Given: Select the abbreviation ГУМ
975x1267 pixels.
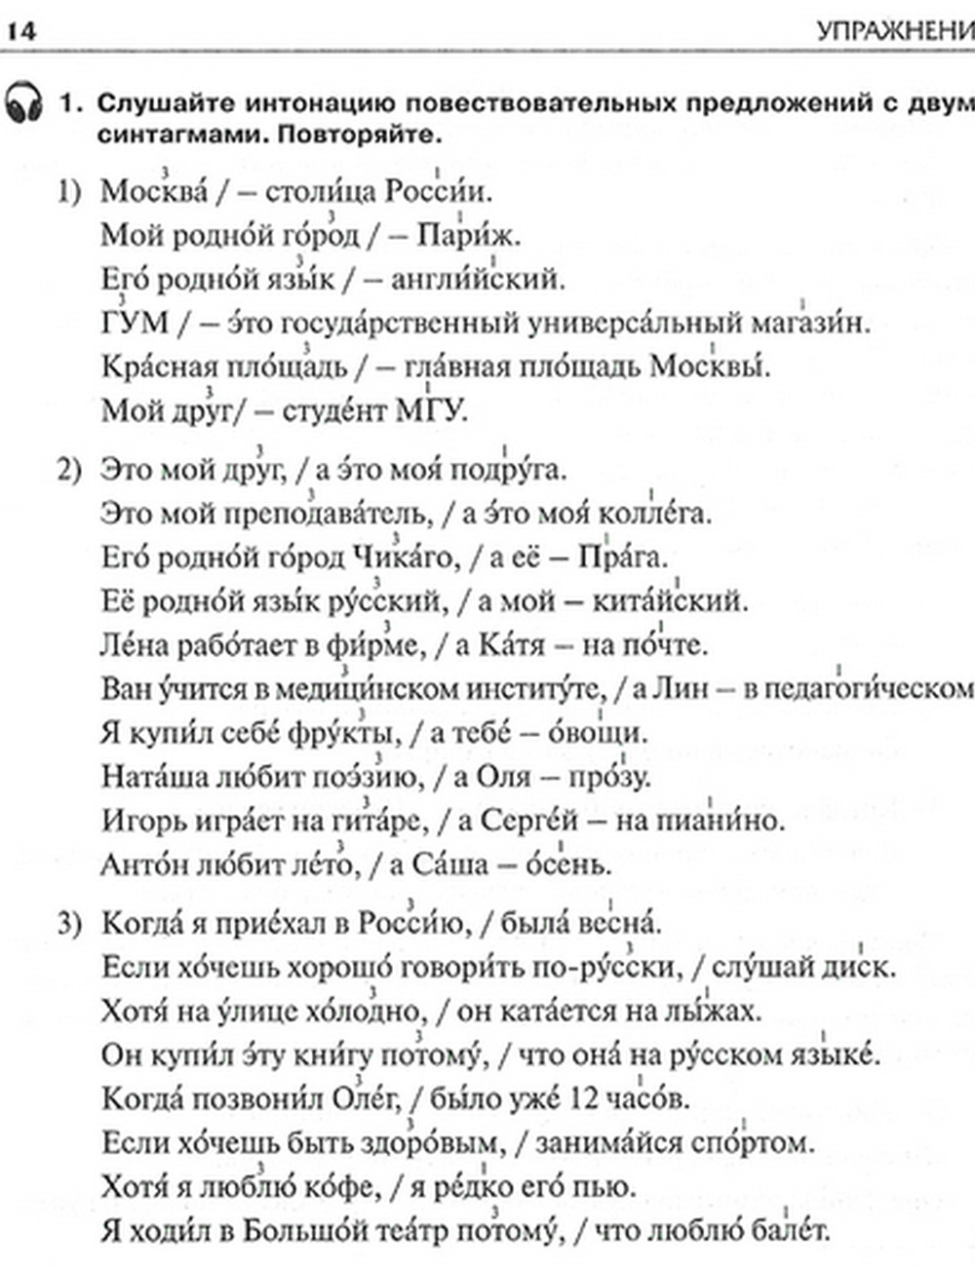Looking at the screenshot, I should click(x=136, y=323).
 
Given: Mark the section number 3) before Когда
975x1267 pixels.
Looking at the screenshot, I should click(x=70, y=924).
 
